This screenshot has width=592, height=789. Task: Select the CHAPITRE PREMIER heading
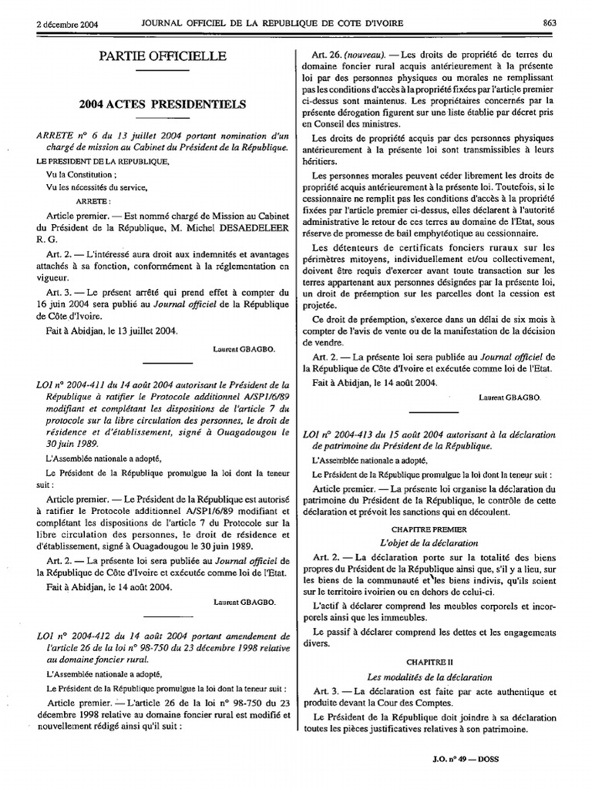pos(439,529)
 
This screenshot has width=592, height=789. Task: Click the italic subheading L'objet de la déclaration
pos(439,542)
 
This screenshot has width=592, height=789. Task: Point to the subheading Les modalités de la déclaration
pos(439,675)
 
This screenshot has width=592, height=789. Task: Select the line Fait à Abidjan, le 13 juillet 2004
pos(113,331)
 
